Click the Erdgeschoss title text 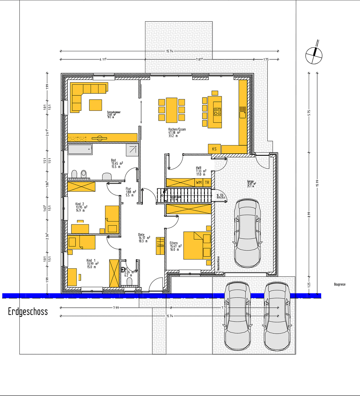point(28,312)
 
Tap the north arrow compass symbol point(314,55)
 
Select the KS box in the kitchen point(214,149)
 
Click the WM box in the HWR point(199,182)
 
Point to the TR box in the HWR point(207,182)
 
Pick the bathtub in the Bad point(80,149)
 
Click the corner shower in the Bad point(133,149)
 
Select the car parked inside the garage point(248,233)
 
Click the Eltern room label point(174,243)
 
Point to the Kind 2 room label point(80,204)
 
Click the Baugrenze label point(339,284)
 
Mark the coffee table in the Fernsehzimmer point(96,105)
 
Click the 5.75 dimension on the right point(309,113)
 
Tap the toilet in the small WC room point(129,282)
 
